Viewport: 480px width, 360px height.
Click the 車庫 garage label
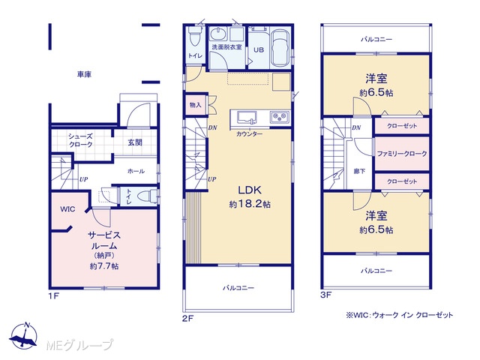(x=84, y=74)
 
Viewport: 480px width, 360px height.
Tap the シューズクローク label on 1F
(x=80, y=140)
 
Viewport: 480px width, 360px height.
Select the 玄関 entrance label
(x=135, y=142)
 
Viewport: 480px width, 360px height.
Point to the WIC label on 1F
(x=67, y=209)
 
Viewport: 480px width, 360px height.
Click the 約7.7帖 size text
(x=104, y=266)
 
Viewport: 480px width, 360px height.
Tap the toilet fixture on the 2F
(x=194, y=36)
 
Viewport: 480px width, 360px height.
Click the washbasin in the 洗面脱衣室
(x=218, y=34)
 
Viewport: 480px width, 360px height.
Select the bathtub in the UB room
(x=280, y=48)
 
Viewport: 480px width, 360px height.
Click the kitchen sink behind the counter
(x=247, y=117)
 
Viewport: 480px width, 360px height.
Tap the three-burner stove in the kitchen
(x=279, y=117)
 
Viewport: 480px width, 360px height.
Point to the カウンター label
(x=249, y=133)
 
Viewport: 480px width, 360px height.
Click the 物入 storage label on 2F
(x=195, y=105)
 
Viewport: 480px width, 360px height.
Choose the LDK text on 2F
(x=250, y=190)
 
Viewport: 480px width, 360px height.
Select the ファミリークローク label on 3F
(x=402, y=154)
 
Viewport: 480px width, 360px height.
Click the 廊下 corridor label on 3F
(x=359, y=172)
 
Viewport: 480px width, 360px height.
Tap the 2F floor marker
(x=187, y=318)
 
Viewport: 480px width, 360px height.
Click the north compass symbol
(x=23, y=336)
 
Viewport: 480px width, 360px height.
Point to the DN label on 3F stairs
(x=356, y=127)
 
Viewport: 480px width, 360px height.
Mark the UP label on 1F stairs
(x=83, y=179)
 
